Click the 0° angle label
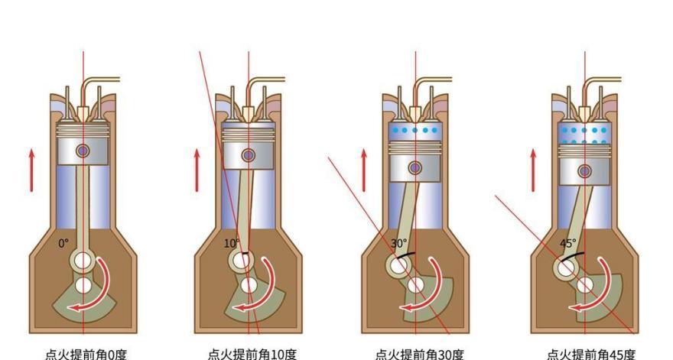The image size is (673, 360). tap(63, 243)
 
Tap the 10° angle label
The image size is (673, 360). tap(231, 243)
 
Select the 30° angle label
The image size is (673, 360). tap(398, 243)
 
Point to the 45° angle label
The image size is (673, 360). tap(567, 243)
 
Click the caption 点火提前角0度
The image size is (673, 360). tap(86, 355)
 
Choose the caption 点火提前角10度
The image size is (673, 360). tap(252, 355)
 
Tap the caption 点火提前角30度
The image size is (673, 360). tap(419, 355)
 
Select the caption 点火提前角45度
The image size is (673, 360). tap(590, 355)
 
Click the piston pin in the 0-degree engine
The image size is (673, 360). tap(83, 151)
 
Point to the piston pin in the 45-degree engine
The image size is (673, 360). tap(584, 171)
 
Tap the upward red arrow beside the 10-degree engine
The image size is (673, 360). tap(197, 170)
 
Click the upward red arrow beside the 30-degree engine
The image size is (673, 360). tap(364, 170)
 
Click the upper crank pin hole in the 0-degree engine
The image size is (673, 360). tap(83, 261)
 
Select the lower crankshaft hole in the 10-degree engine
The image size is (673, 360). tap(249, 285)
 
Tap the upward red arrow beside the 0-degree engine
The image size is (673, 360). tap(31, 170)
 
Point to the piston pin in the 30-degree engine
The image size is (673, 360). tap(415, 168)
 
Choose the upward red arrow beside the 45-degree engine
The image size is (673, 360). tap(534, 170)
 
